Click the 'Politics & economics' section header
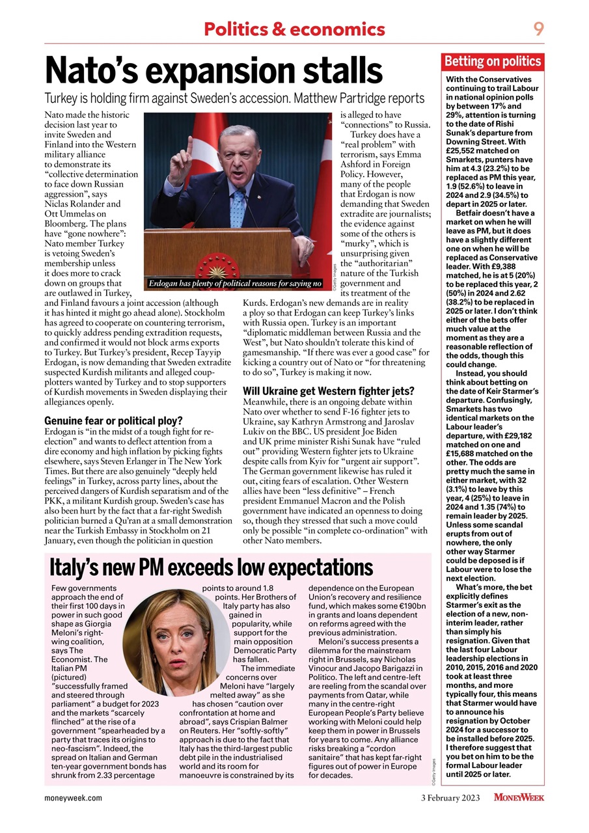click(x=294, y=29)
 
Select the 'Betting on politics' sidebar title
click(x=492, y=62)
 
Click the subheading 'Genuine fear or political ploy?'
click(x=113, y=421)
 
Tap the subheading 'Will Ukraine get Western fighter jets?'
click(x=329, y=391)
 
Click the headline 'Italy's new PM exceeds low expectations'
click(x=212, y=567)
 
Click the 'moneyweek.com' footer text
click(x=73, y=798)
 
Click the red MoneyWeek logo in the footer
click(x=519, y=797)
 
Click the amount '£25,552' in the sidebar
click(x=467, y=150)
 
